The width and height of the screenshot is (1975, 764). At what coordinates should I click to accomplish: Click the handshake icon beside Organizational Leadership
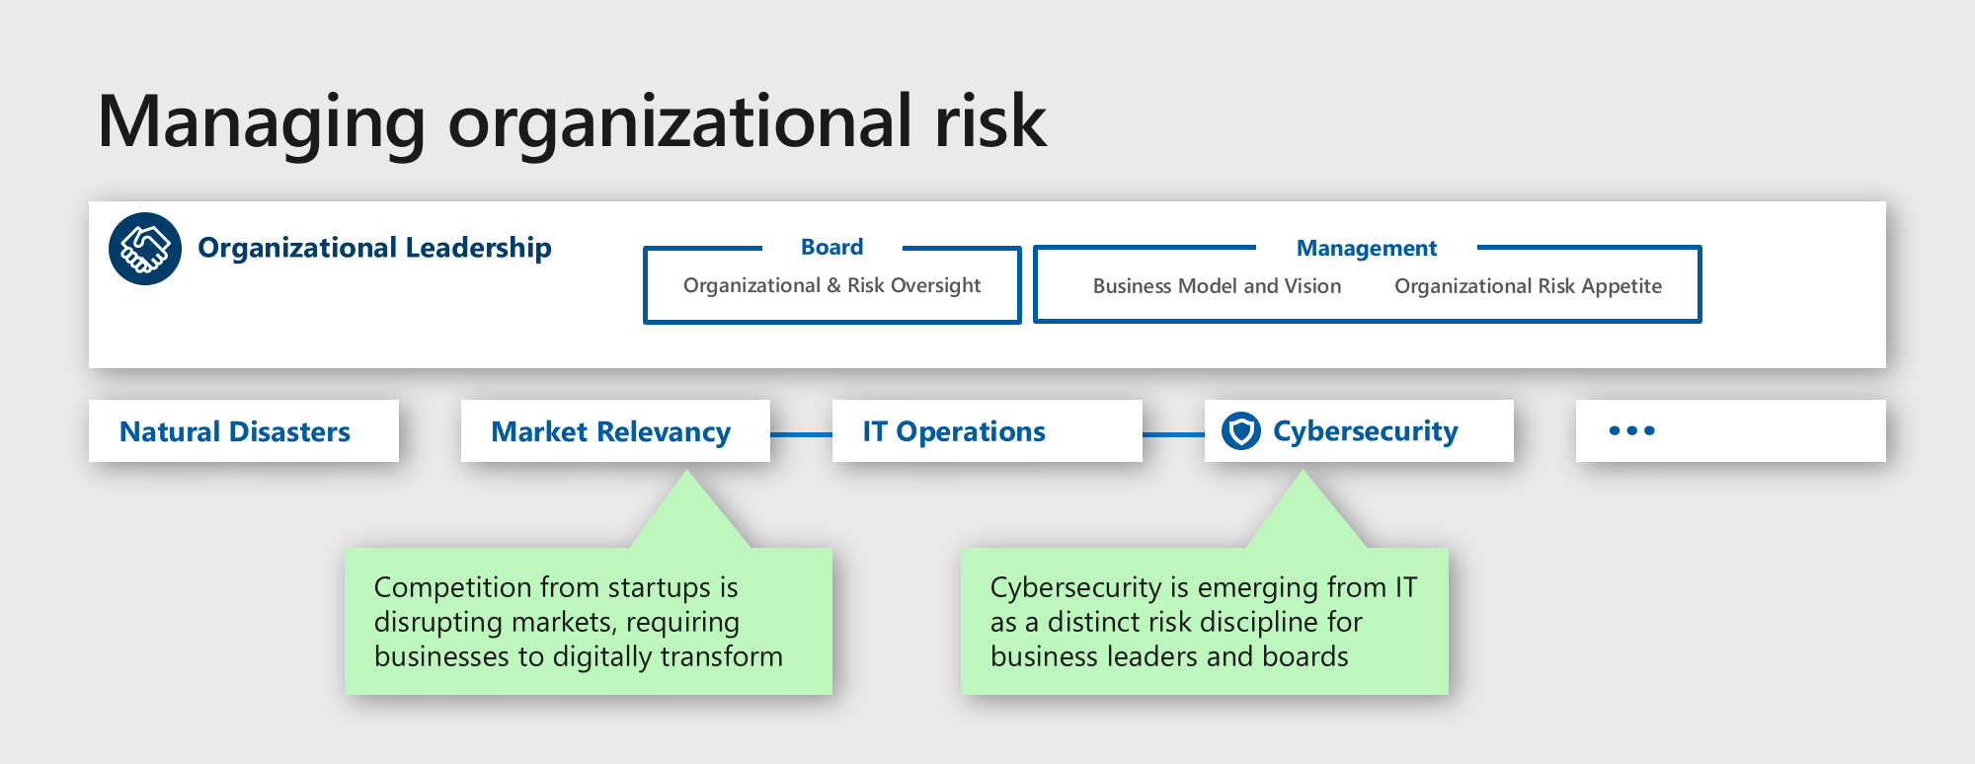(145, 249)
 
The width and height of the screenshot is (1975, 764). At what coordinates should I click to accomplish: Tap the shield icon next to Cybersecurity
(1240, 431)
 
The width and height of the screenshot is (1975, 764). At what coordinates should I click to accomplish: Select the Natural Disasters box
(243, 431)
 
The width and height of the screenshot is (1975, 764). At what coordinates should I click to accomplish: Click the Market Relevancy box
(614, 431)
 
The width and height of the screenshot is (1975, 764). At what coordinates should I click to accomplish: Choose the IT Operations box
(986, 431)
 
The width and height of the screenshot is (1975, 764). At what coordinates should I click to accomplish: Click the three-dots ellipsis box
(1730, 431)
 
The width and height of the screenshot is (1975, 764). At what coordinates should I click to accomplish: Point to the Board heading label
(831, 247)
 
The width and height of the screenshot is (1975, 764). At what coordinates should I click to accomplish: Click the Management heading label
(1366, 248)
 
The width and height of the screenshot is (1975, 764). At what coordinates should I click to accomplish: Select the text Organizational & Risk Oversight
(831, 285)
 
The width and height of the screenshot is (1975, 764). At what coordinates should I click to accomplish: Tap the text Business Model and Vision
(1217, 286)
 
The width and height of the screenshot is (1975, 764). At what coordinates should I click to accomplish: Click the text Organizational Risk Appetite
(1528, 286)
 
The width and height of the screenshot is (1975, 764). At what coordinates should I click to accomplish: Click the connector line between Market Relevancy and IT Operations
(801, 434)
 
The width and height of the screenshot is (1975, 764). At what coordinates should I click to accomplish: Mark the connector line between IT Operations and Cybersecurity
(1173, 434)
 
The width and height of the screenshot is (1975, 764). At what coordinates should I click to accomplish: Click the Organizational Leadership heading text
(374, 248)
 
